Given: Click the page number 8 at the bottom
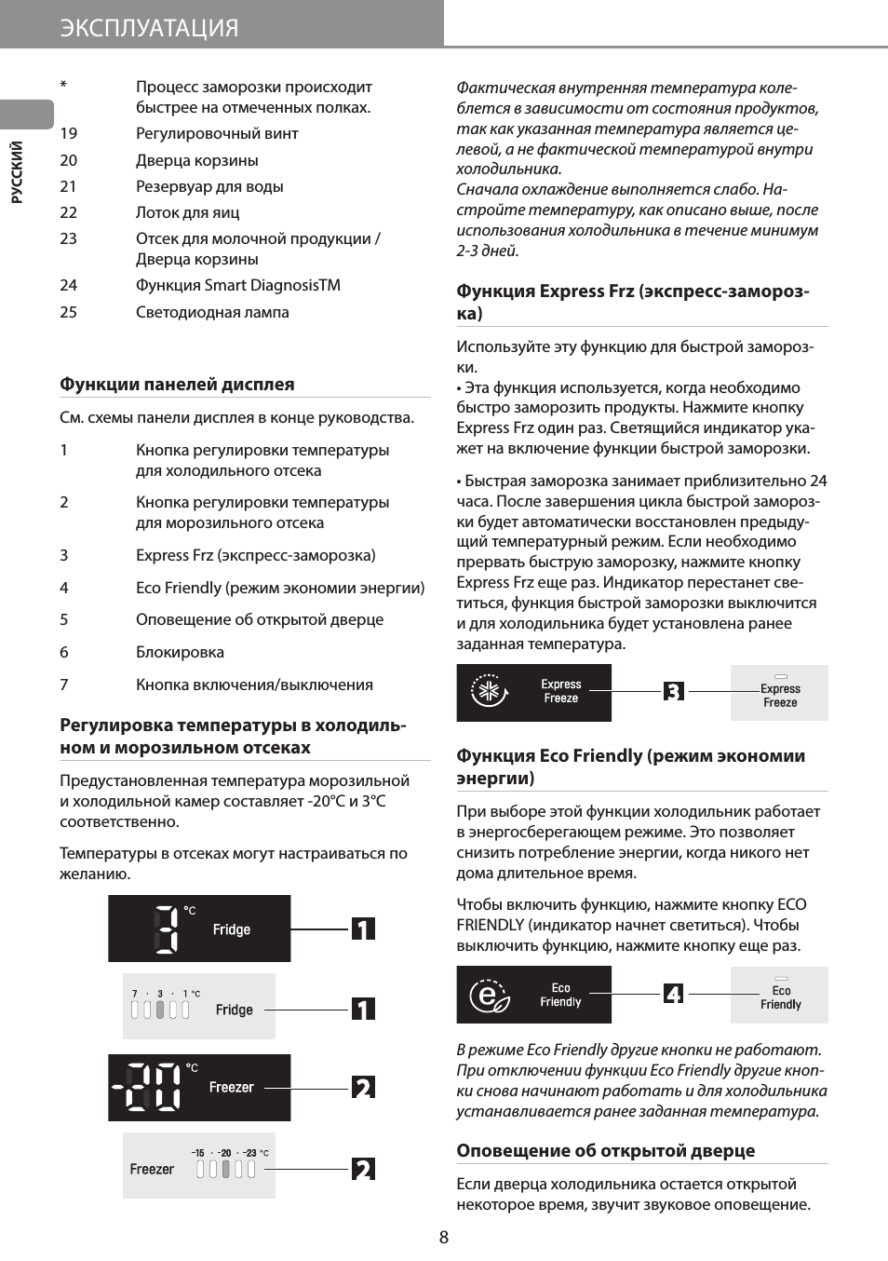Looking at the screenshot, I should [x=444, y=1237].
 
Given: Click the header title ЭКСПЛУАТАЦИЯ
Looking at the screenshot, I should [x=149, y=28].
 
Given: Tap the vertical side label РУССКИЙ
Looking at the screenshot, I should [x=17, y=171].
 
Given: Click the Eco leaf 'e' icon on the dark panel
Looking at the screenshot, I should [x=489, y=996].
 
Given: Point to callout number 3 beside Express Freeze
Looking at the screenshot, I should [x=674, y=691].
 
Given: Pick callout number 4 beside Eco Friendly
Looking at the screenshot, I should [x=674, y=994].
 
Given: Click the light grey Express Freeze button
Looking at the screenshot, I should [x=780, y=694].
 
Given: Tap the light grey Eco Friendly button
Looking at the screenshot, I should [x=780, y=997].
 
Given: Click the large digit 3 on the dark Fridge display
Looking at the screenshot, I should [x=166, y=929].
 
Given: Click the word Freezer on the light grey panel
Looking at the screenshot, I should [x=152, y=1169].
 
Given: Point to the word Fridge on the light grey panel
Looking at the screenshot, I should [x=235, y=1010].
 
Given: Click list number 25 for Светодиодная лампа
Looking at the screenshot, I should [x=69, y=312].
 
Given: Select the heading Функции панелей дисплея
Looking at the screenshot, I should [x=177, y=384].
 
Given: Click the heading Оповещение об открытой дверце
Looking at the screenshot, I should [x=605, y=1150].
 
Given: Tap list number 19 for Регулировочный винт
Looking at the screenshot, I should [x=69, y=133].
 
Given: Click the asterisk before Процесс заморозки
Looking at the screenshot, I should [x=63, y=86].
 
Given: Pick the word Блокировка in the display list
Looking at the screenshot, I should [x=180, y=652].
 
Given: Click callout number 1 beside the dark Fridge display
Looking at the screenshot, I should [x=363, y=929].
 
